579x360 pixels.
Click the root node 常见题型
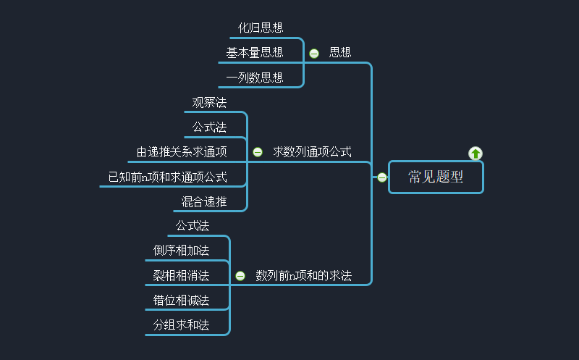point(436,177)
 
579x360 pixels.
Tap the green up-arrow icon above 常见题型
point(476,153)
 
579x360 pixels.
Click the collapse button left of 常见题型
point(382,177)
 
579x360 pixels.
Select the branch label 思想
point(340,53)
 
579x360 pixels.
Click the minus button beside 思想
point(314,53)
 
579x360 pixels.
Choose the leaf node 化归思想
point(261,28)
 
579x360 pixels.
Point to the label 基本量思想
point(254,53)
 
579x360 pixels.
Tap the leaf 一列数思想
point(254,78)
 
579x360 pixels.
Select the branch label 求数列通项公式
point(312,152)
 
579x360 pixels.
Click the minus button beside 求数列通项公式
point(258,152)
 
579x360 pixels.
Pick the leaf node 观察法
point(209,103)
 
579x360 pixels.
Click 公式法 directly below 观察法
point(209,127)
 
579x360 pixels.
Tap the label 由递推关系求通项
point(182,152)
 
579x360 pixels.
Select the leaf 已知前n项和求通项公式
point(167,177)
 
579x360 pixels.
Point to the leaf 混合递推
point(204,201)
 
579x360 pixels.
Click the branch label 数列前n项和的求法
point(303,276)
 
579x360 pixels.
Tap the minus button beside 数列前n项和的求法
point(240,276)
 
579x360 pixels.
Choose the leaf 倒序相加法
point(181,251)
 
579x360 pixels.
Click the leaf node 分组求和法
point(181,325)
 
